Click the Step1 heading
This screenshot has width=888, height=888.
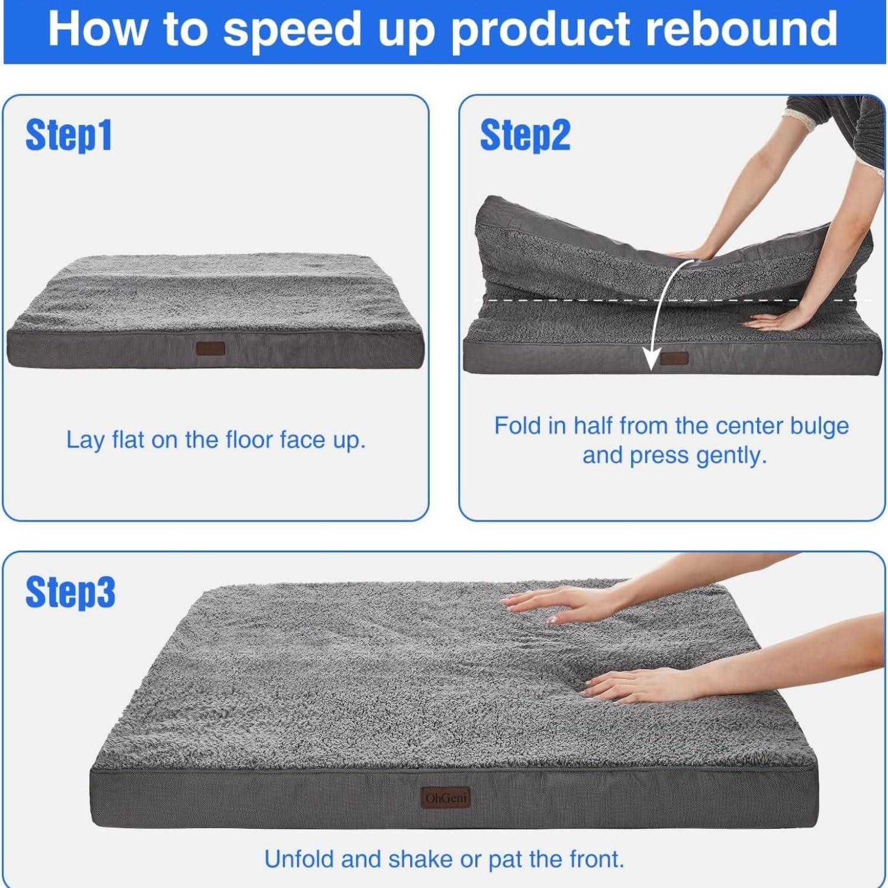tap(69, 135)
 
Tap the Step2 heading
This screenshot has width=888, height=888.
tap(525, 135)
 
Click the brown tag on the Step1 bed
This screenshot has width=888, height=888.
tap(211, 348)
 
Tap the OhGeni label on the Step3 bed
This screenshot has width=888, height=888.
tap(446, 798)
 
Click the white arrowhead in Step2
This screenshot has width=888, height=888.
tap(652, 359)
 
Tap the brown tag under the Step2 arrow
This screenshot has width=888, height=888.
tap(674, 358)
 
